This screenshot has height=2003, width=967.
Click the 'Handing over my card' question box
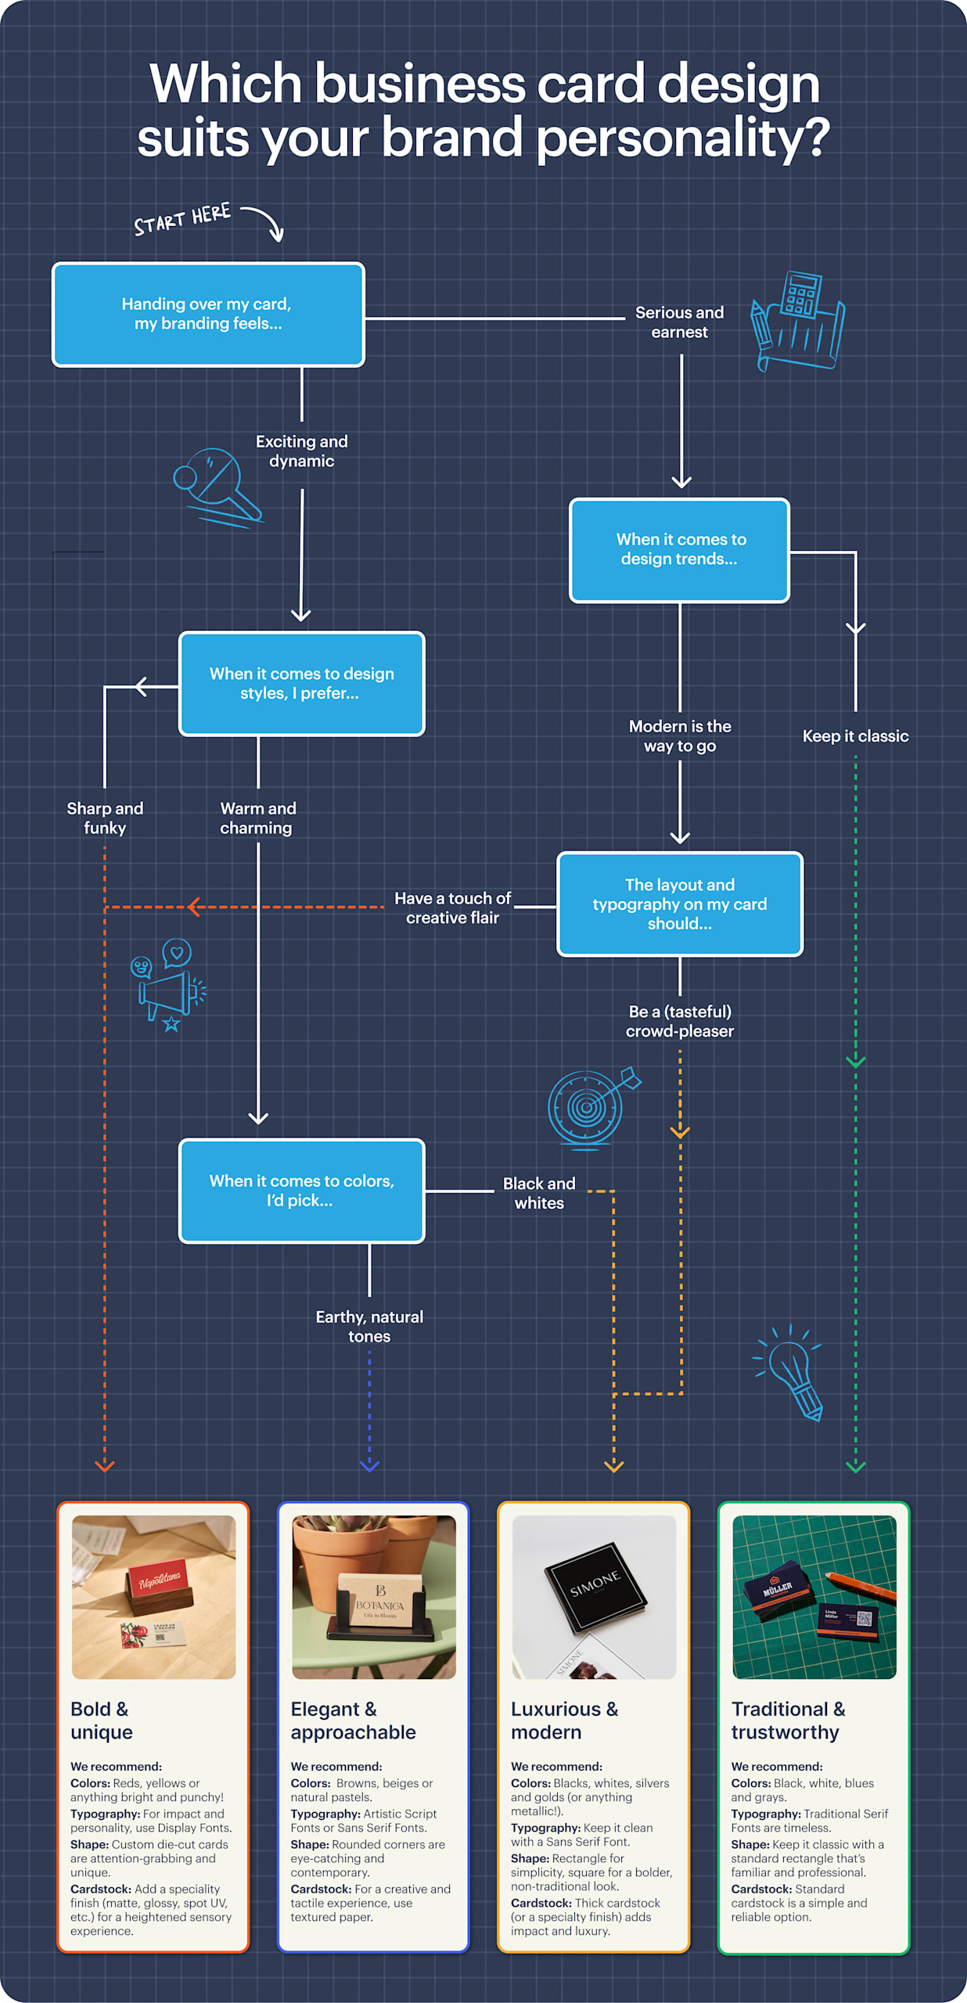click(x=208, y=314)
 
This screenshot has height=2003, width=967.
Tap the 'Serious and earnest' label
click(x=679, y=322)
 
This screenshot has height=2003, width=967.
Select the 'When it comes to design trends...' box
click(x=679, y=549)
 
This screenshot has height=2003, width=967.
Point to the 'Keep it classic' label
click(x=855, y=736)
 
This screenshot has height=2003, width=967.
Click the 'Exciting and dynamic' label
click(x=301, y=451)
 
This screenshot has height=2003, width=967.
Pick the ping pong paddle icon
click(x=216, y=486)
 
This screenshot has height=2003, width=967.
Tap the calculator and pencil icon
click(x=798, y=322)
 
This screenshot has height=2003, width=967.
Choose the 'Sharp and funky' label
click(x=105, y=818)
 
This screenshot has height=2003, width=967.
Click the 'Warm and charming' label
click(x=257, y=818)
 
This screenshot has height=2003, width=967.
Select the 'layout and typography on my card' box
click(x=679, y=904)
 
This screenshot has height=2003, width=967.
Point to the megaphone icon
click(x=169, y=986)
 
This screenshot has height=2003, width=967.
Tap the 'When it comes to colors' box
click(x=301, y=1190)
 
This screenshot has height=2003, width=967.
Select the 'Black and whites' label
click(x=538, y=1193)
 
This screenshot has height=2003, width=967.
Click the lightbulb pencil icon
click(x=790, y=1373)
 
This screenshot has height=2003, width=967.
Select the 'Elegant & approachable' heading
click(x=353, y=1721)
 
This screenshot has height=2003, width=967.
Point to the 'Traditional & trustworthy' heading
click(x=788, y=1721)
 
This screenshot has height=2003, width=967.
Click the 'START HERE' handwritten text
click(x=182, y=219)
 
